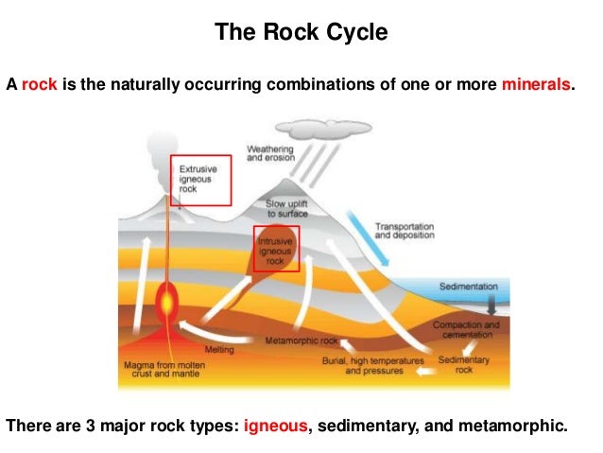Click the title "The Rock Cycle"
tap(301, 34)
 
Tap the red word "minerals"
tap(537, 85)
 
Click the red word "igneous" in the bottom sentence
tap(276, 426)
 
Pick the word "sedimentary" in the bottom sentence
tap(363, 426)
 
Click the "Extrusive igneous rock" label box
tap(200, 180)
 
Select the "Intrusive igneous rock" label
tap(276, 249)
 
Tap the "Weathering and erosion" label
tap(270, 153)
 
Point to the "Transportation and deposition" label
tap(404, 232)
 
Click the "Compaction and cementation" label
tap(465, 330)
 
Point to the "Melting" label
tap(219, 349)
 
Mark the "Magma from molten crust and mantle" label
tap(157, 369)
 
